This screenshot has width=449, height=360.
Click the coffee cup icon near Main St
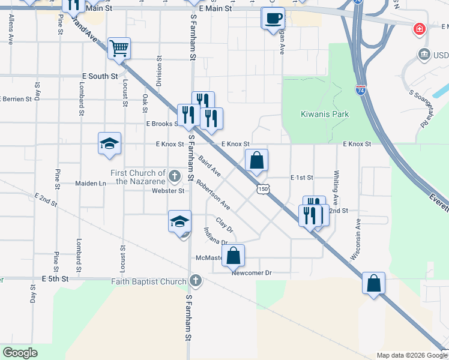pyautogui.click(x=273, y=17)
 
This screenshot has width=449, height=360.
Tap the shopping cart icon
pyautogui.click(x=119, y=48)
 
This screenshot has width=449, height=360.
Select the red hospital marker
pyautogui.click(x=418, y=29)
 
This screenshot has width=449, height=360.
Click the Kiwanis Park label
pyautogui.click(x=325, y=114)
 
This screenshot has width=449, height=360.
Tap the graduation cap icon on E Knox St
pyautogui.click(x=109, y=144)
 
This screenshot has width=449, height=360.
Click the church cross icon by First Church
pyautogui.click(x=174, y=176)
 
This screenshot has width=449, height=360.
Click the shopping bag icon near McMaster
pyautogui.click(x=234, y=256)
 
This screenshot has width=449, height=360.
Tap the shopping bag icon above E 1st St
pyautogui.click(x=256, y=161)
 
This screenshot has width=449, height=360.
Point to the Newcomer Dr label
pyautogui.click(x=252, y=273)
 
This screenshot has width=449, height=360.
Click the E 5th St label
pyautogui.click(x=55, y=280)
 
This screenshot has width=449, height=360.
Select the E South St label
pyautogui.click(x=99, y=76)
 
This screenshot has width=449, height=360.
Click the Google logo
pyautogui.click(x=20, y=353)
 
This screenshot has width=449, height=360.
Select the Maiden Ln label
pyautogui.click(x=90, y=183)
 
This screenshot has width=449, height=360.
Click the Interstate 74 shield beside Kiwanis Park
pyautogui.click(x=360, y=90)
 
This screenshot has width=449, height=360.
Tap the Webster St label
pyautogui.click(x=168, y=191)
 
